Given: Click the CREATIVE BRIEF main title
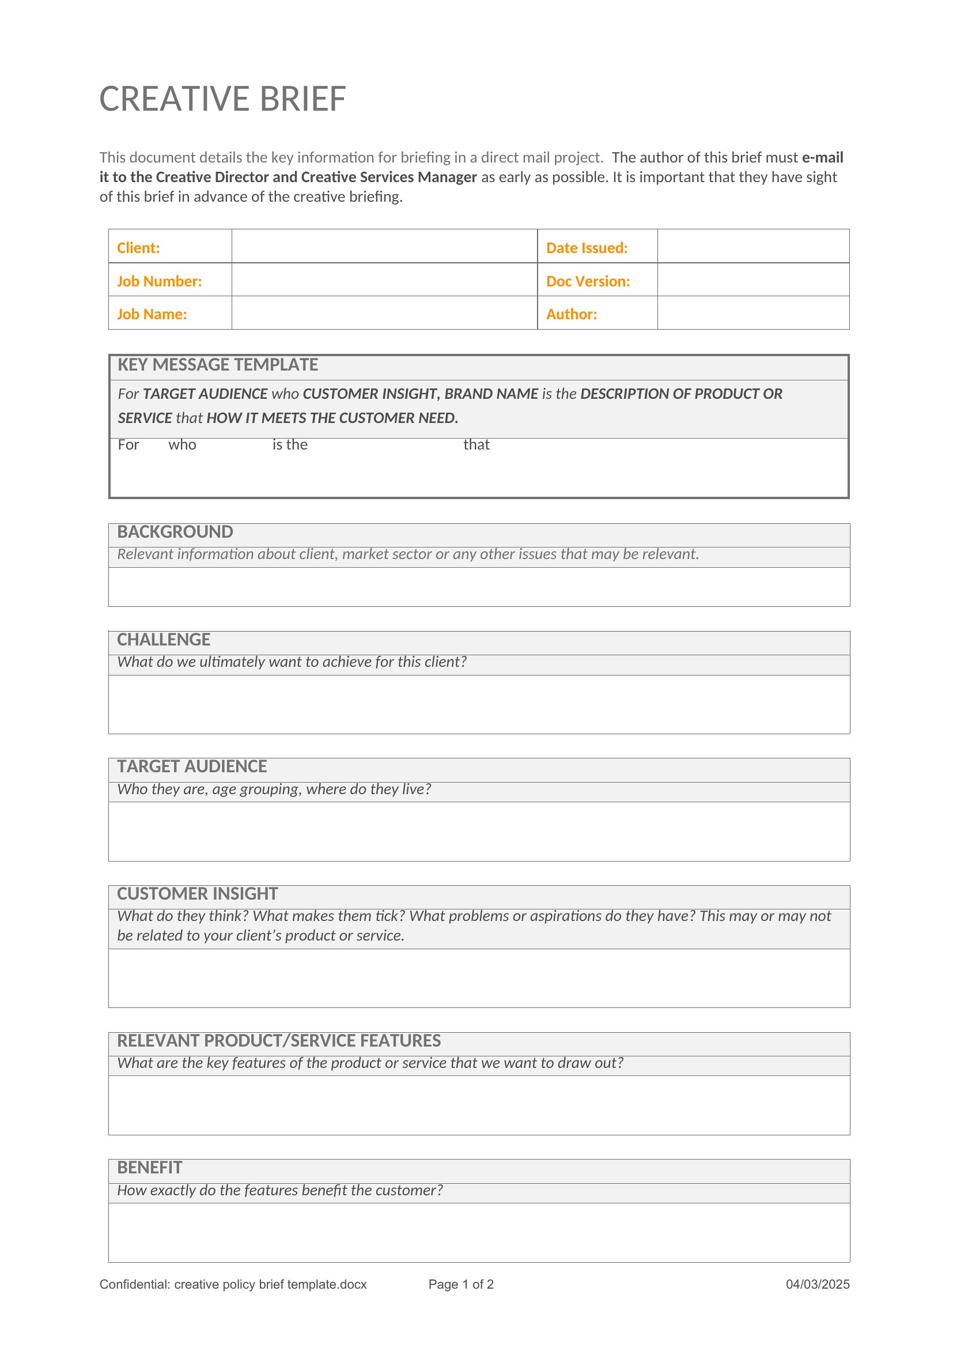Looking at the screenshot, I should click(222, 99).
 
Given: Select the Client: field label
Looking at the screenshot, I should click(138, 248).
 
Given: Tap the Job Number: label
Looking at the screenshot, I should click(159, 281).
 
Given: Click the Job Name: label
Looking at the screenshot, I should click(152, 314).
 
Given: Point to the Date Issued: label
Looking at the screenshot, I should click(586, 248).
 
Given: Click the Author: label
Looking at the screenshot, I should click(571, 314).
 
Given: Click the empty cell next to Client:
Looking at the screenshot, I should click(384, 247).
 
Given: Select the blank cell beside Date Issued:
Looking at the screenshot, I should click(752, 247).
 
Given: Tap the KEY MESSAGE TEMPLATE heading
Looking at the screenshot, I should click(217, 365).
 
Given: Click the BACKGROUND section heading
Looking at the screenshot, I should click(175, 532).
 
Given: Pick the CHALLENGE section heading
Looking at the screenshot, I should click(163, 639).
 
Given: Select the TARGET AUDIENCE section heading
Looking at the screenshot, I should click(191, 766).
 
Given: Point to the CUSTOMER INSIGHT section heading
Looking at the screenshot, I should click(197, 894).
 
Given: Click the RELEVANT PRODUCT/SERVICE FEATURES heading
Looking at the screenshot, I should click(279, 1040).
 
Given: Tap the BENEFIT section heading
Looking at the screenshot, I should click(150, 1167).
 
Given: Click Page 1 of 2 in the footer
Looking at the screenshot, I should click(461, 1284).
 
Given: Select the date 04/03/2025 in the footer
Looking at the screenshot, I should click(817, 1284).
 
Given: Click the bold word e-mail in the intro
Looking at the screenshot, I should click(822, 157).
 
